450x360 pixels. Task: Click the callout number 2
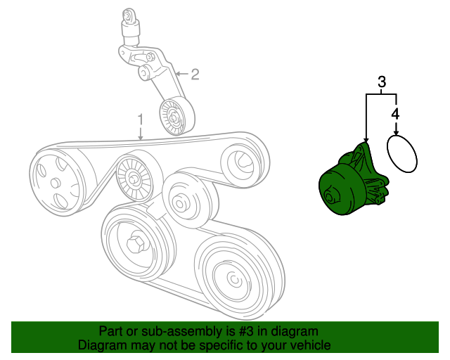point(195,75)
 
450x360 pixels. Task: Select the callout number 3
point(381,82)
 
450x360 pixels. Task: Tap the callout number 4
point(395,114)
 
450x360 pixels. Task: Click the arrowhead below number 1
point(141,137)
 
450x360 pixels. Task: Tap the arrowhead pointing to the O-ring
point(396,132)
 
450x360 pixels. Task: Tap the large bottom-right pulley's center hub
point(234,278)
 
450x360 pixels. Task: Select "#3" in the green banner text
point(246,331)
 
